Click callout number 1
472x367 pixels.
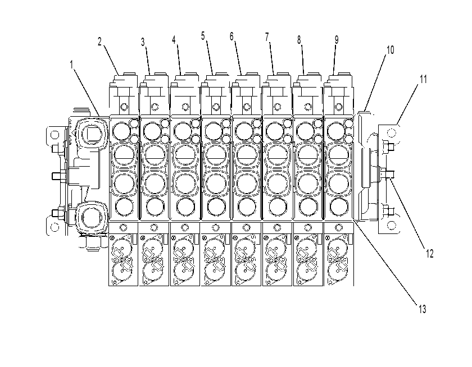pos(72,65)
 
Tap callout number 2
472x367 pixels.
pos(100,42)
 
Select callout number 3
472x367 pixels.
pos(143,43)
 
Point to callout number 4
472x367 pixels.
pos(174,40)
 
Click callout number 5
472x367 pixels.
pos(203,36)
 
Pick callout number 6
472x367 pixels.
pos(232,36)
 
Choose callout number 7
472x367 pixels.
pos(267,37)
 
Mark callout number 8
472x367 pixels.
pos(299,40)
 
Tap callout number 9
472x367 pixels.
pos(337,40)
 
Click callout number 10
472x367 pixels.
pos(390,50)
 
